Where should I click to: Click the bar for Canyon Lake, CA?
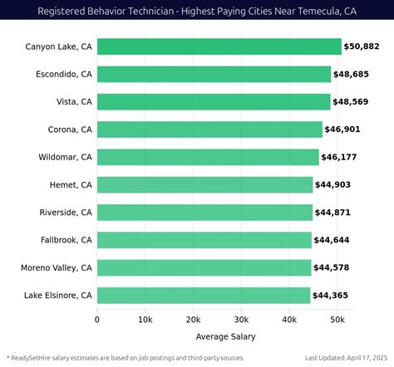(x=219, y=46)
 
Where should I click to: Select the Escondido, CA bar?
(x=214, y=74)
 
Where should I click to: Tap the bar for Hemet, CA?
(x=204, y=184)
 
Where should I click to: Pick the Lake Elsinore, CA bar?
(x=204, y=295)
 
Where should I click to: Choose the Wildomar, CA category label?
(x=65, y=157)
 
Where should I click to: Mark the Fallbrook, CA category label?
(x=64, y=240)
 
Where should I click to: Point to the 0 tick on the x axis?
(x=97, y=319)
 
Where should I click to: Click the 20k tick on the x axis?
(x=193, y=319)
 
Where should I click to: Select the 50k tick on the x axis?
(x=337, y=319)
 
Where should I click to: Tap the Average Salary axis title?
(x=225, y=336)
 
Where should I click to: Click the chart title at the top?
(x=197, y=12)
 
